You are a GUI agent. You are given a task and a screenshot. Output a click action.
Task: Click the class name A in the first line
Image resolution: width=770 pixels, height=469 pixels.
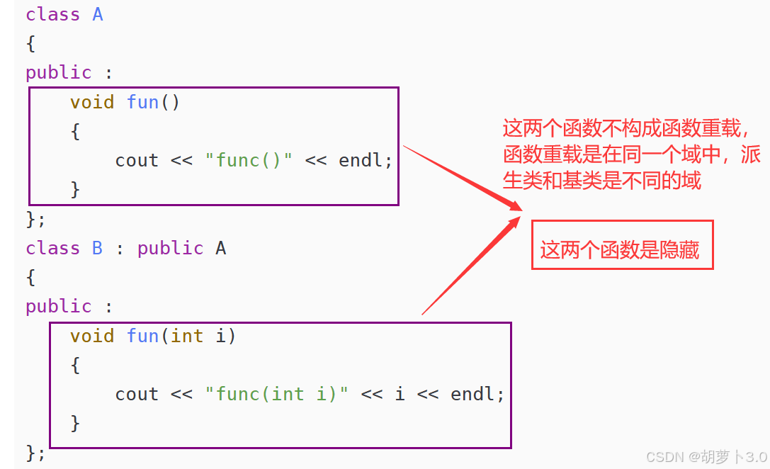(98, 14)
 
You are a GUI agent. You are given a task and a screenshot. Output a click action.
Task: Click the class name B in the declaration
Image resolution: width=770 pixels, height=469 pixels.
(98, 248)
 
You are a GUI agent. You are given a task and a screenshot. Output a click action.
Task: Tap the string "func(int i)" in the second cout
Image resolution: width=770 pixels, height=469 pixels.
(277, 394)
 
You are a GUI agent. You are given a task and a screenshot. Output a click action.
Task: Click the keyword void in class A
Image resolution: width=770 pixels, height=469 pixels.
(92, 102)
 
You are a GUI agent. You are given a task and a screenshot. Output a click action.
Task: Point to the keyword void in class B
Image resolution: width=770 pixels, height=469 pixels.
(92, 336)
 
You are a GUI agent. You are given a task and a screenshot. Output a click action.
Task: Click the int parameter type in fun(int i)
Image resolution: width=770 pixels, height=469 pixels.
(187, 336)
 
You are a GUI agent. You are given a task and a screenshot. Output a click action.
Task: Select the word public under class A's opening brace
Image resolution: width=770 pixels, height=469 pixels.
(59, 72)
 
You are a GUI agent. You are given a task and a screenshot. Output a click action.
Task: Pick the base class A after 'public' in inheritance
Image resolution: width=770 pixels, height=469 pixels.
(220, 248)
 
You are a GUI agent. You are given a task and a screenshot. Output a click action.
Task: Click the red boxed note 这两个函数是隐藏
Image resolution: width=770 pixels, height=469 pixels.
(621, 249)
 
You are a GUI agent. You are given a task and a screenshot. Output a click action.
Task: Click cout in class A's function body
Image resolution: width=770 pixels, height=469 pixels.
(137, 160)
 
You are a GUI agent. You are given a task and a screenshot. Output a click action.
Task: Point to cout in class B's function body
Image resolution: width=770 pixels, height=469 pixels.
(137, 394)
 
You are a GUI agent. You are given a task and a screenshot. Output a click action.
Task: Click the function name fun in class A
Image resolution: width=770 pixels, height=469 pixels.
(142, 102)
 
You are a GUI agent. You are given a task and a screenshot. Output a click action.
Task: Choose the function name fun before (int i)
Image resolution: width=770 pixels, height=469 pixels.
(142, 336)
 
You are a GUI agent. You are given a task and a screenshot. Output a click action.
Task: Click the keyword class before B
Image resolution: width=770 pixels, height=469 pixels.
(53, 248)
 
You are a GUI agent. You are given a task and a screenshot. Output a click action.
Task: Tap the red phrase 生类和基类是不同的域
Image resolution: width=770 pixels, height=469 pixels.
(602, 181)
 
